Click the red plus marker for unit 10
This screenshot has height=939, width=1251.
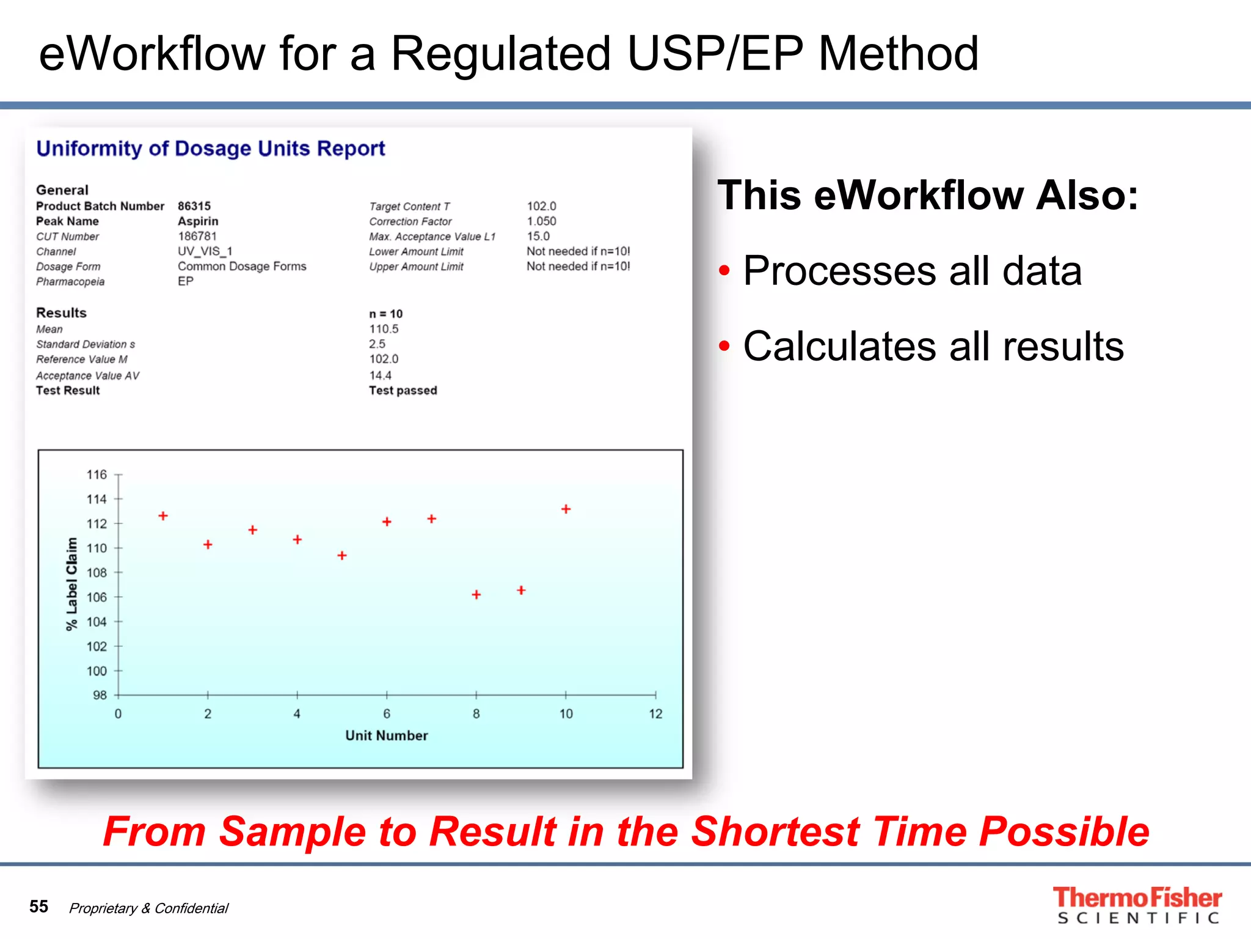click(566, 509)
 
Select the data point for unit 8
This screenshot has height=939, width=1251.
click(476, 594)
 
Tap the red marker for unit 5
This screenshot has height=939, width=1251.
click(342, 555)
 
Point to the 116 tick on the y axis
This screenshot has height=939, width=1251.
click(97, 474)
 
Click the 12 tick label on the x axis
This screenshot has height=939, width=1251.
click(655, 713)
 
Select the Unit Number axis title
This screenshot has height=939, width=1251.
click(386, 735)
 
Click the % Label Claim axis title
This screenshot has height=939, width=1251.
click(71, 584)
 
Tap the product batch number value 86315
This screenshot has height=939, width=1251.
click(194, 206)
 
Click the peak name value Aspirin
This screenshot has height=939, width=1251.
click(198, 221)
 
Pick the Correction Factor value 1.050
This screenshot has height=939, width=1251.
click(542, 221)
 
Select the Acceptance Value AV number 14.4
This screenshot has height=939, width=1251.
click(380, 375)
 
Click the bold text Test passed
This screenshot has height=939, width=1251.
click(403, 391)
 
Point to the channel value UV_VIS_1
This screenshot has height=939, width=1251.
click(205, 251)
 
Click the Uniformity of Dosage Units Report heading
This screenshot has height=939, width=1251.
click(211, 149)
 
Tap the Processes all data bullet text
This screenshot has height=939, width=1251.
click(912, 271)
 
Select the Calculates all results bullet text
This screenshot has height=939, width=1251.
click(933, 347)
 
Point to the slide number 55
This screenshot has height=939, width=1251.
click(38, 906)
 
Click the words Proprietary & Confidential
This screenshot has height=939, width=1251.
click(148, 908)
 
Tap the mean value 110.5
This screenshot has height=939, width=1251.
click(384, 329)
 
